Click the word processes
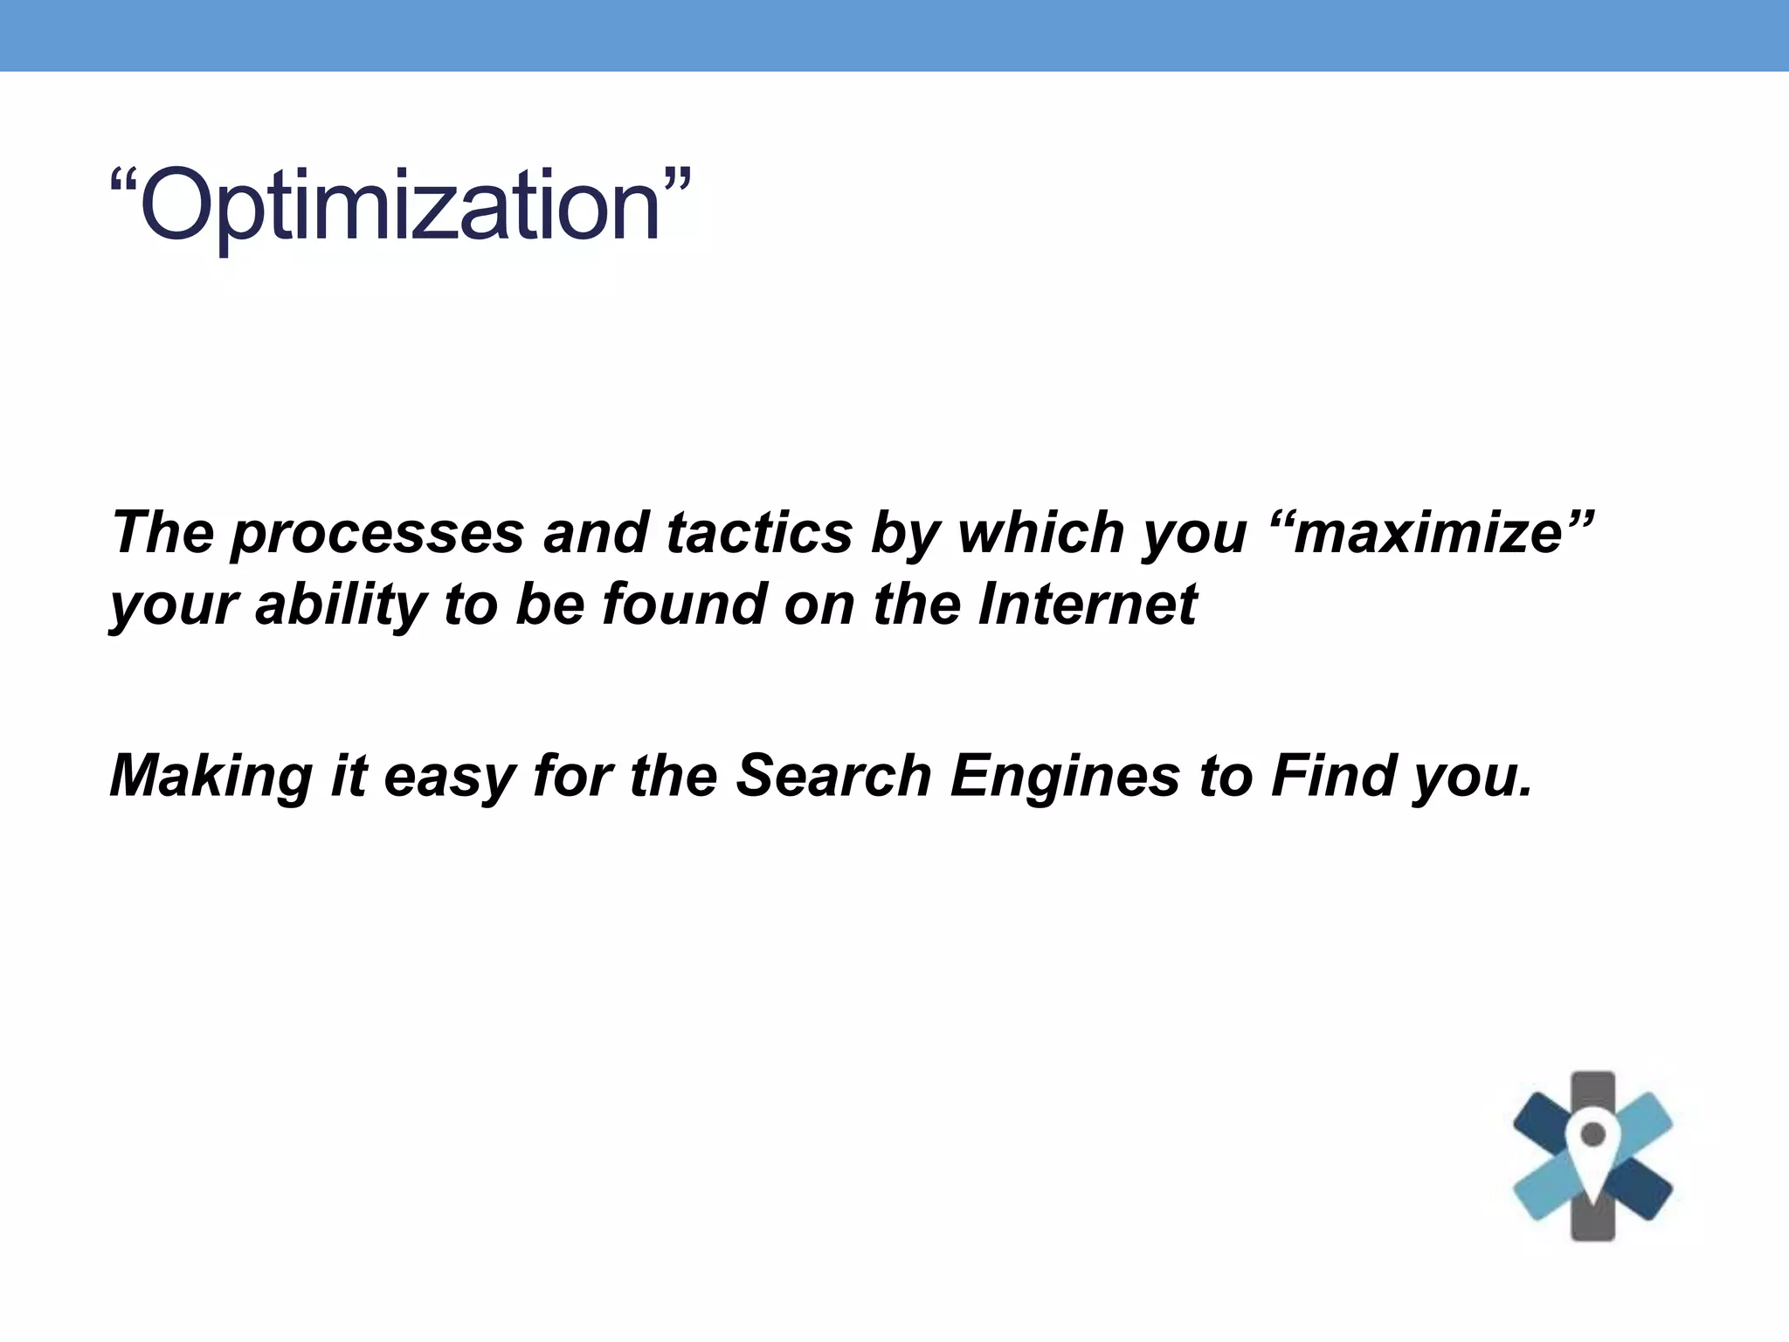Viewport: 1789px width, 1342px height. coord(377,533)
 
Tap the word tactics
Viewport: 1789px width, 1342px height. coord(759,533)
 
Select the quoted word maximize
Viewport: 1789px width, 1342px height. coord(1429,533)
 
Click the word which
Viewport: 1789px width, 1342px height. coord(1040,533)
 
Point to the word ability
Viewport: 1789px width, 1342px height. coord(341,605)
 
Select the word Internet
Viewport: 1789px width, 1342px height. coord(1087,605)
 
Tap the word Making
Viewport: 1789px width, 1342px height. coord(211,777)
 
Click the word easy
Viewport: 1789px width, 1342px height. coord(449,777)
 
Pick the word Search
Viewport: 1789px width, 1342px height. coord(833,777)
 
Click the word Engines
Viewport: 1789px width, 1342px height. coord(1065,777)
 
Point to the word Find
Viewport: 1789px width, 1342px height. coord(1333,777)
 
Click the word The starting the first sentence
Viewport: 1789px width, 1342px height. coord(162,533)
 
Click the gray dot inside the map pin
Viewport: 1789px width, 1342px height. coord(1593,1135)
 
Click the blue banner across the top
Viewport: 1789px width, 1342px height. coord(894,35)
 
